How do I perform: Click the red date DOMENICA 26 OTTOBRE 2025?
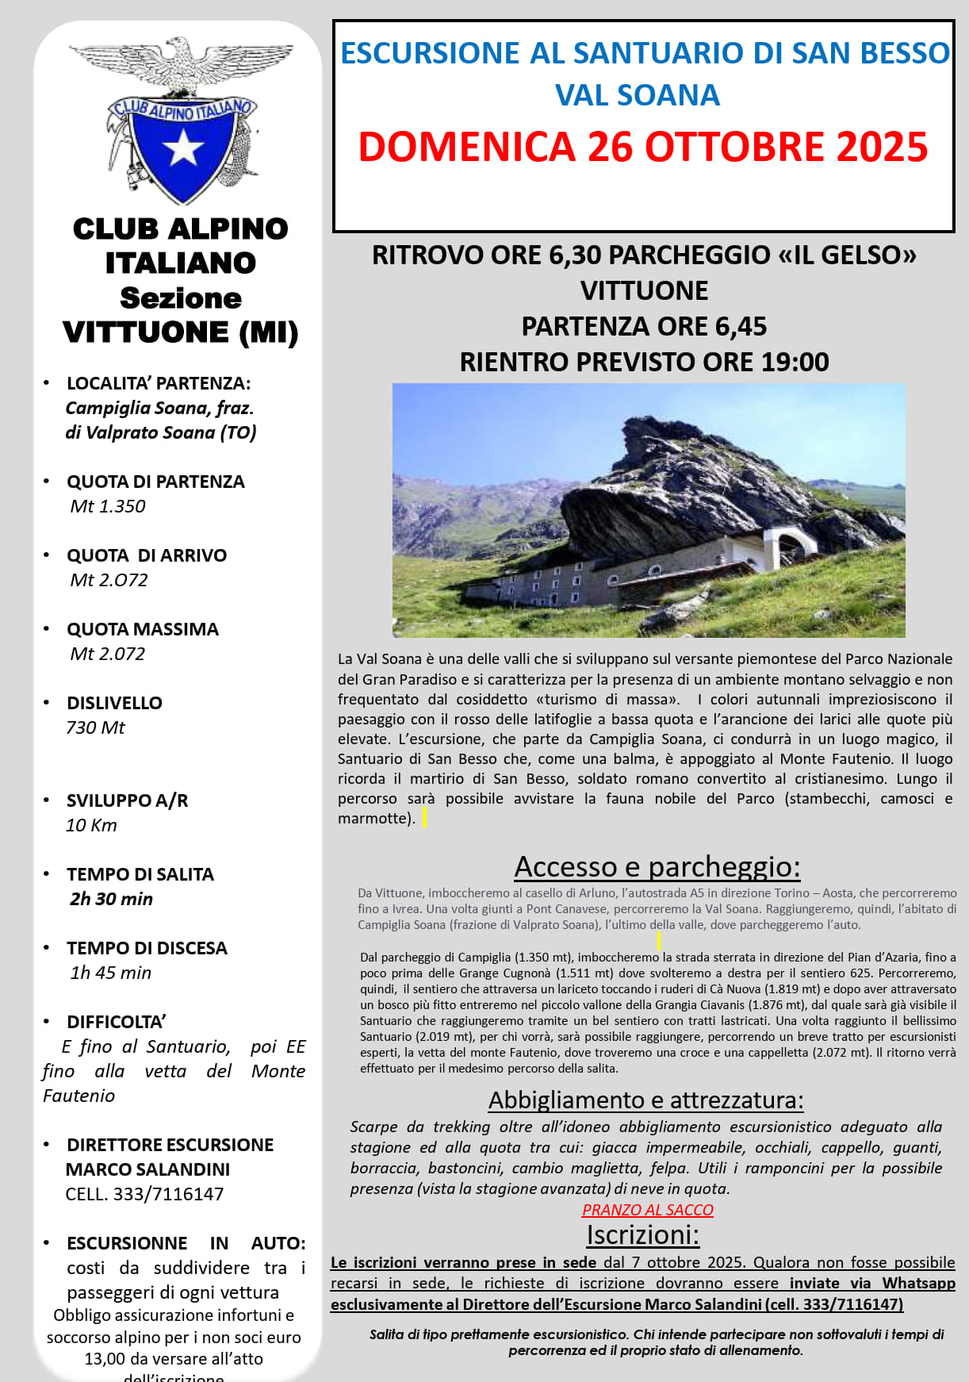point(642,148)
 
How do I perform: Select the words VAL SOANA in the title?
point(638,95)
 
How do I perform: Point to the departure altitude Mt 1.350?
point(108,506)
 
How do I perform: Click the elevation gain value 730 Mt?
point(95,727)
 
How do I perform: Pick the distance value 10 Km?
point(91,825)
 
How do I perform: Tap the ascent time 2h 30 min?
point(111,899)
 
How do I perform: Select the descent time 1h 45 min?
point(110,973)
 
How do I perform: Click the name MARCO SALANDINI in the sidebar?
point(147,1169)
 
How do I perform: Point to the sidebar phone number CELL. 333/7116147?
point(144,1194)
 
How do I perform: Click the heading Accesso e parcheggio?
point(657,866)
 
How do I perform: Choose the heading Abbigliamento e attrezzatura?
point(645,1100)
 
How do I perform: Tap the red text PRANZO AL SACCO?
point(647,1210)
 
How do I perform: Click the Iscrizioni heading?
point(643,1235)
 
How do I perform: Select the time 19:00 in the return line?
point(795,362)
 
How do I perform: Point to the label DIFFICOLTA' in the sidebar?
point(117,1022)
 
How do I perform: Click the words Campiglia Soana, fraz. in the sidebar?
point(159,408)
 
